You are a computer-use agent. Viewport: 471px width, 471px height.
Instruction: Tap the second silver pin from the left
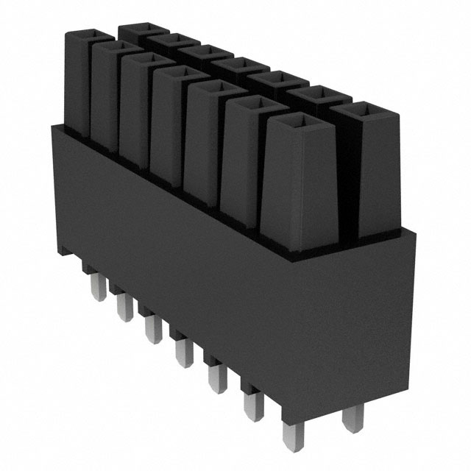(122, 305)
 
